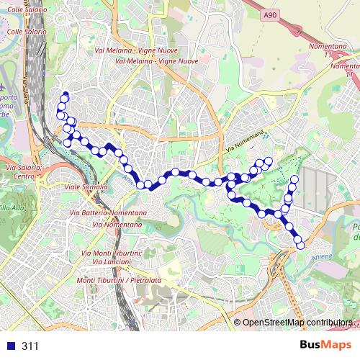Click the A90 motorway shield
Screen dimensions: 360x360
(269, 14)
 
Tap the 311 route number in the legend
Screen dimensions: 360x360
(30, 346)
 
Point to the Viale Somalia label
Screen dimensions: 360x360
(86, 186)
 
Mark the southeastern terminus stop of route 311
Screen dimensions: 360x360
(300, 246)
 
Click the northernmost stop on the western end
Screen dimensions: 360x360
(65, 96)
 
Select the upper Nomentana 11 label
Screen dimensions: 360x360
(343, 48)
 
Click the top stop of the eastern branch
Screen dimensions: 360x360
(294, 178)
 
